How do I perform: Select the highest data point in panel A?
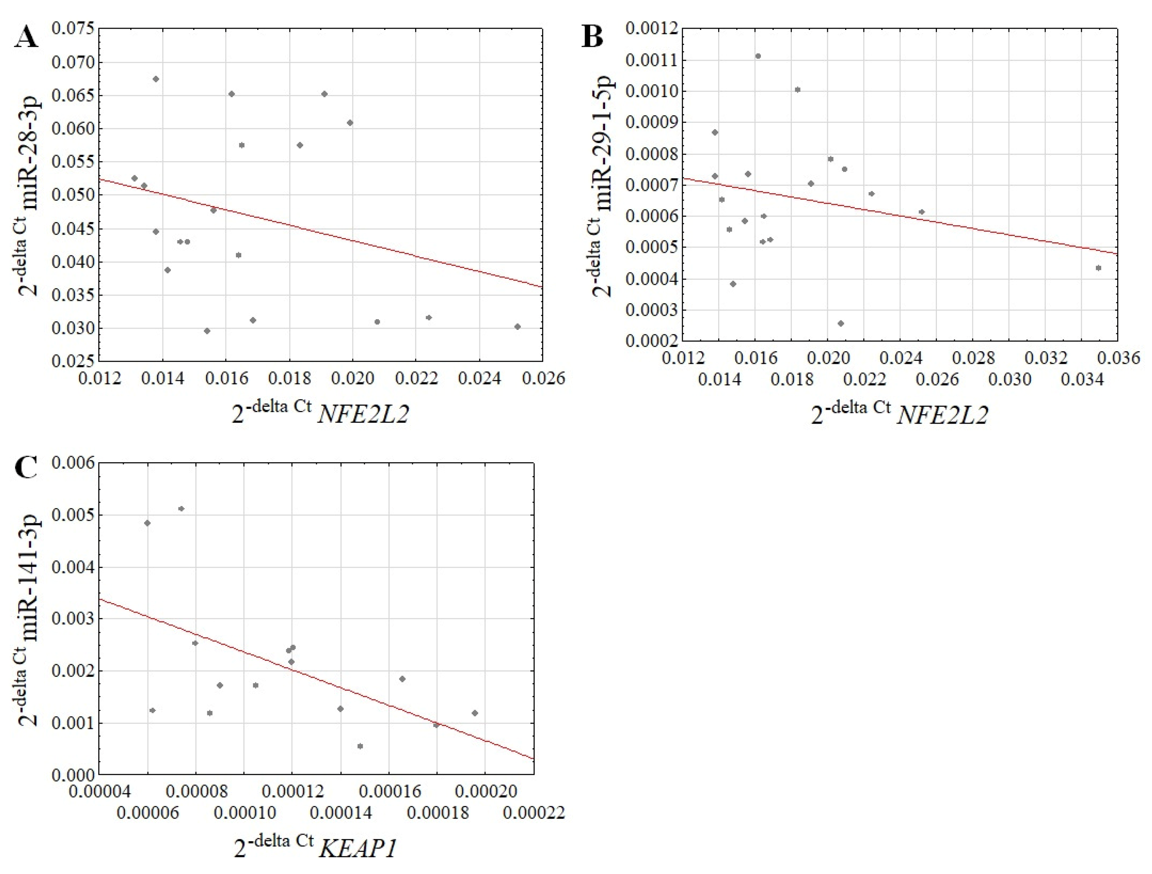156,79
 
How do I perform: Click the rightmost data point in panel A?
517,327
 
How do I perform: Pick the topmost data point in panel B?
758,56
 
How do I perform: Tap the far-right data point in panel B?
1098,268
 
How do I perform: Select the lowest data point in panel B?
840,323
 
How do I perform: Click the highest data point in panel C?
181,509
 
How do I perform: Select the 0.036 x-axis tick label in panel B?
1118,358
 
